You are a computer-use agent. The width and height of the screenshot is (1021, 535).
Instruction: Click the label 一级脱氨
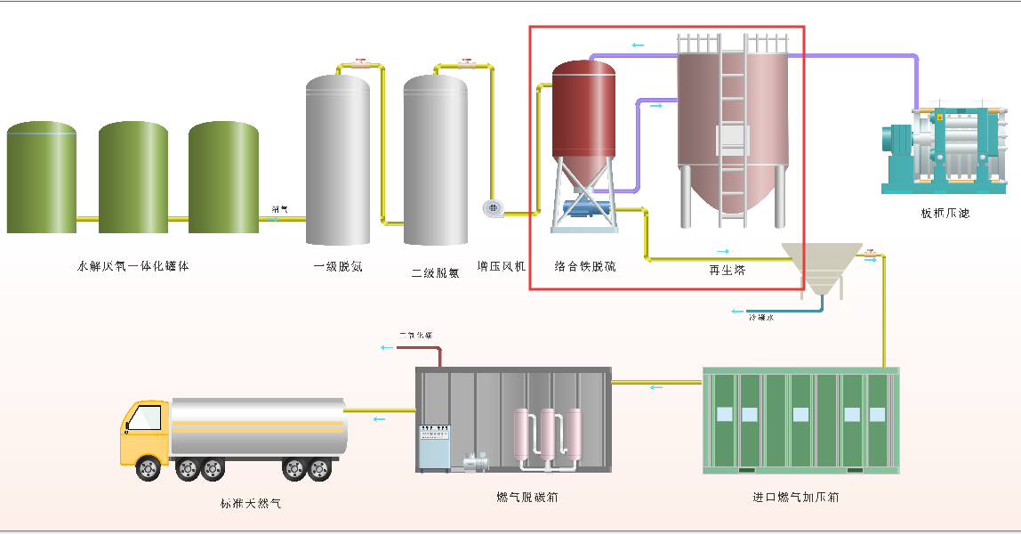[x=338, y=266]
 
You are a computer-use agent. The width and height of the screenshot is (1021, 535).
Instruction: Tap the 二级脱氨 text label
[x=435, y=272]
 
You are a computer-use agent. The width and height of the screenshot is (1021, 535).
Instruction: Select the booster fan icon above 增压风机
[x=493, y=208]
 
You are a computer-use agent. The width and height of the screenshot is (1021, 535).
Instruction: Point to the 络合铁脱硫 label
[x=584, y=265]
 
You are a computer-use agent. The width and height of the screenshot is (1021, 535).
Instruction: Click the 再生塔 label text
[x=727, y=270]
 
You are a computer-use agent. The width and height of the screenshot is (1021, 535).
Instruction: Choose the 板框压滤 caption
[x=945, y=213]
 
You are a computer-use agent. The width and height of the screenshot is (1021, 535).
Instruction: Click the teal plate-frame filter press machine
[x=945, y=147]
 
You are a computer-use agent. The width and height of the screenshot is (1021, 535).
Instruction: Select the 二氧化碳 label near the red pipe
[x=415, y=336]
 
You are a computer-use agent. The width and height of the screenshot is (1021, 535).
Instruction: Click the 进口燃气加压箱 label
[x=795, y=497]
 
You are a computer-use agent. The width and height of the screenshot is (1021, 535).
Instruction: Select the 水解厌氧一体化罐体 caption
[x=133, y=265]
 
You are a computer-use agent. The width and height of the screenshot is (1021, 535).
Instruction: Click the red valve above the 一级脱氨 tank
[x=360, y=63]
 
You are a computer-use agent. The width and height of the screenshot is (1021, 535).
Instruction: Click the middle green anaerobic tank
[x=133, y=178]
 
